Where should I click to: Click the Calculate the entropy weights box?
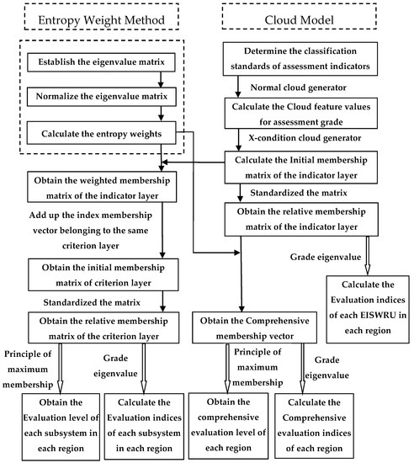click(101, 134)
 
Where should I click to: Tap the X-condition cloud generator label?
click(300, 138)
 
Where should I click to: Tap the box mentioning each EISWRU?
click(368, 303)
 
